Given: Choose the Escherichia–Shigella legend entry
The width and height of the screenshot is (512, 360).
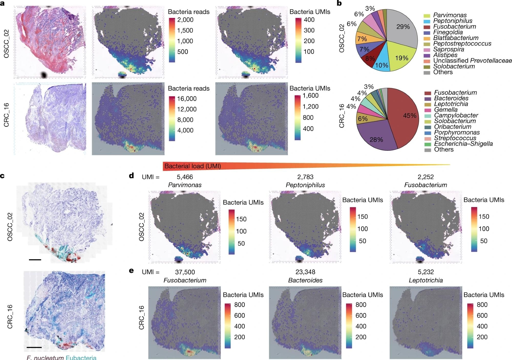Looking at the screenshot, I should (x=463, y=144).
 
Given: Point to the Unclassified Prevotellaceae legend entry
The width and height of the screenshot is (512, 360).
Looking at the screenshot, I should (x=472, y=61).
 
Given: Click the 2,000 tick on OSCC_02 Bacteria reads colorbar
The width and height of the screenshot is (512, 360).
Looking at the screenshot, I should (x=185, y=20).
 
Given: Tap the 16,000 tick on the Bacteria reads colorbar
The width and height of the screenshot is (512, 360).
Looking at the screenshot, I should (x=187, y=99).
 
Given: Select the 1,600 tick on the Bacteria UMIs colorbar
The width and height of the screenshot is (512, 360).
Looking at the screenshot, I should (x=311, y=96).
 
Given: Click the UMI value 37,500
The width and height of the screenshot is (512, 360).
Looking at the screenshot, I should (x=185, y=272).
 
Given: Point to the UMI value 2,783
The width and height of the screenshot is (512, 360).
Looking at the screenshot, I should (x=305, y=177).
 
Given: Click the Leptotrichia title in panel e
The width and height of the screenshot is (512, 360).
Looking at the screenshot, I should (x=425, y=280).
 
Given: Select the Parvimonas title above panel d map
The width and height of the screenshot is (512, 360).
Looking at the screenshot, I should (x=185, y=185).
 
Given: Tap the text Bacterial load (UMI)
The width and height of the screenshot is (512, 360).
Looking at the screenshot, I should (x=193, y=166).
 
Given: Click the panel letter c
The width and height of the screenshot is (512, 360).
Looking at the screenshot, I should (x=3, y=176).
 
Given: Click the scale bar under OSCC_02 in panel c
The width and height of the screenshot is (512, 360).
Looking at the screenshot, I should (x=35, y=260).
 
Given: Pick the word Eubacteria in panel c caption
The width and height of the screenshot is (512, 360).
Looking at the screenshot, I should (x=81, y=357).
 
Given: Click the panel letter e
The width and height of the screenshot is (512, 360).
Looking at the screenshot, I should (x=131, y=271).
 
